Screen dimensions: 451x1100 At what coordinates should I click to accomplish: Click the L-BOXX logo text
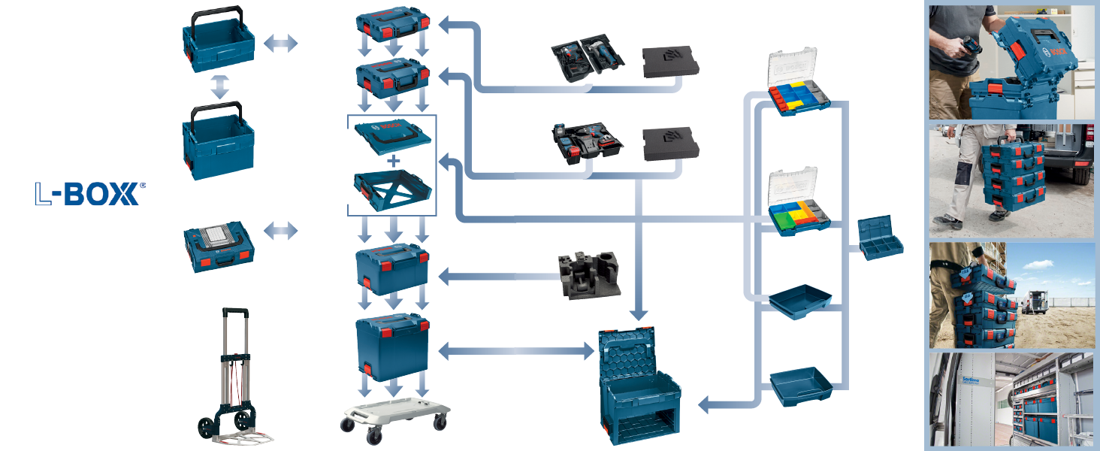[87, 194]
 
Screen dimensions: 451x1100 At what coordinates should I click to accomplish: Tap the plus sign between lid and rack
[391, 161]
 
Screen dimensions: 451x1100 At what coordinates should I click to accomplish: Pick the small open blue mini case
[881, 238]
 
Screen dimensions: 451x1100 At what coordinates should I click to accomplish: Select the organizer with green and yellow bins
[799, 206]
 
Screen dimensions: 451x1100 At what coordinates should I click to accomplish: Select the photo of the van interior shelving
[1011, 401]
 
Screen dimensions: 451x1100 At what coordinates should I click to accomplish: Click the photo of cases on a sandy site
[1011, 294]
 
